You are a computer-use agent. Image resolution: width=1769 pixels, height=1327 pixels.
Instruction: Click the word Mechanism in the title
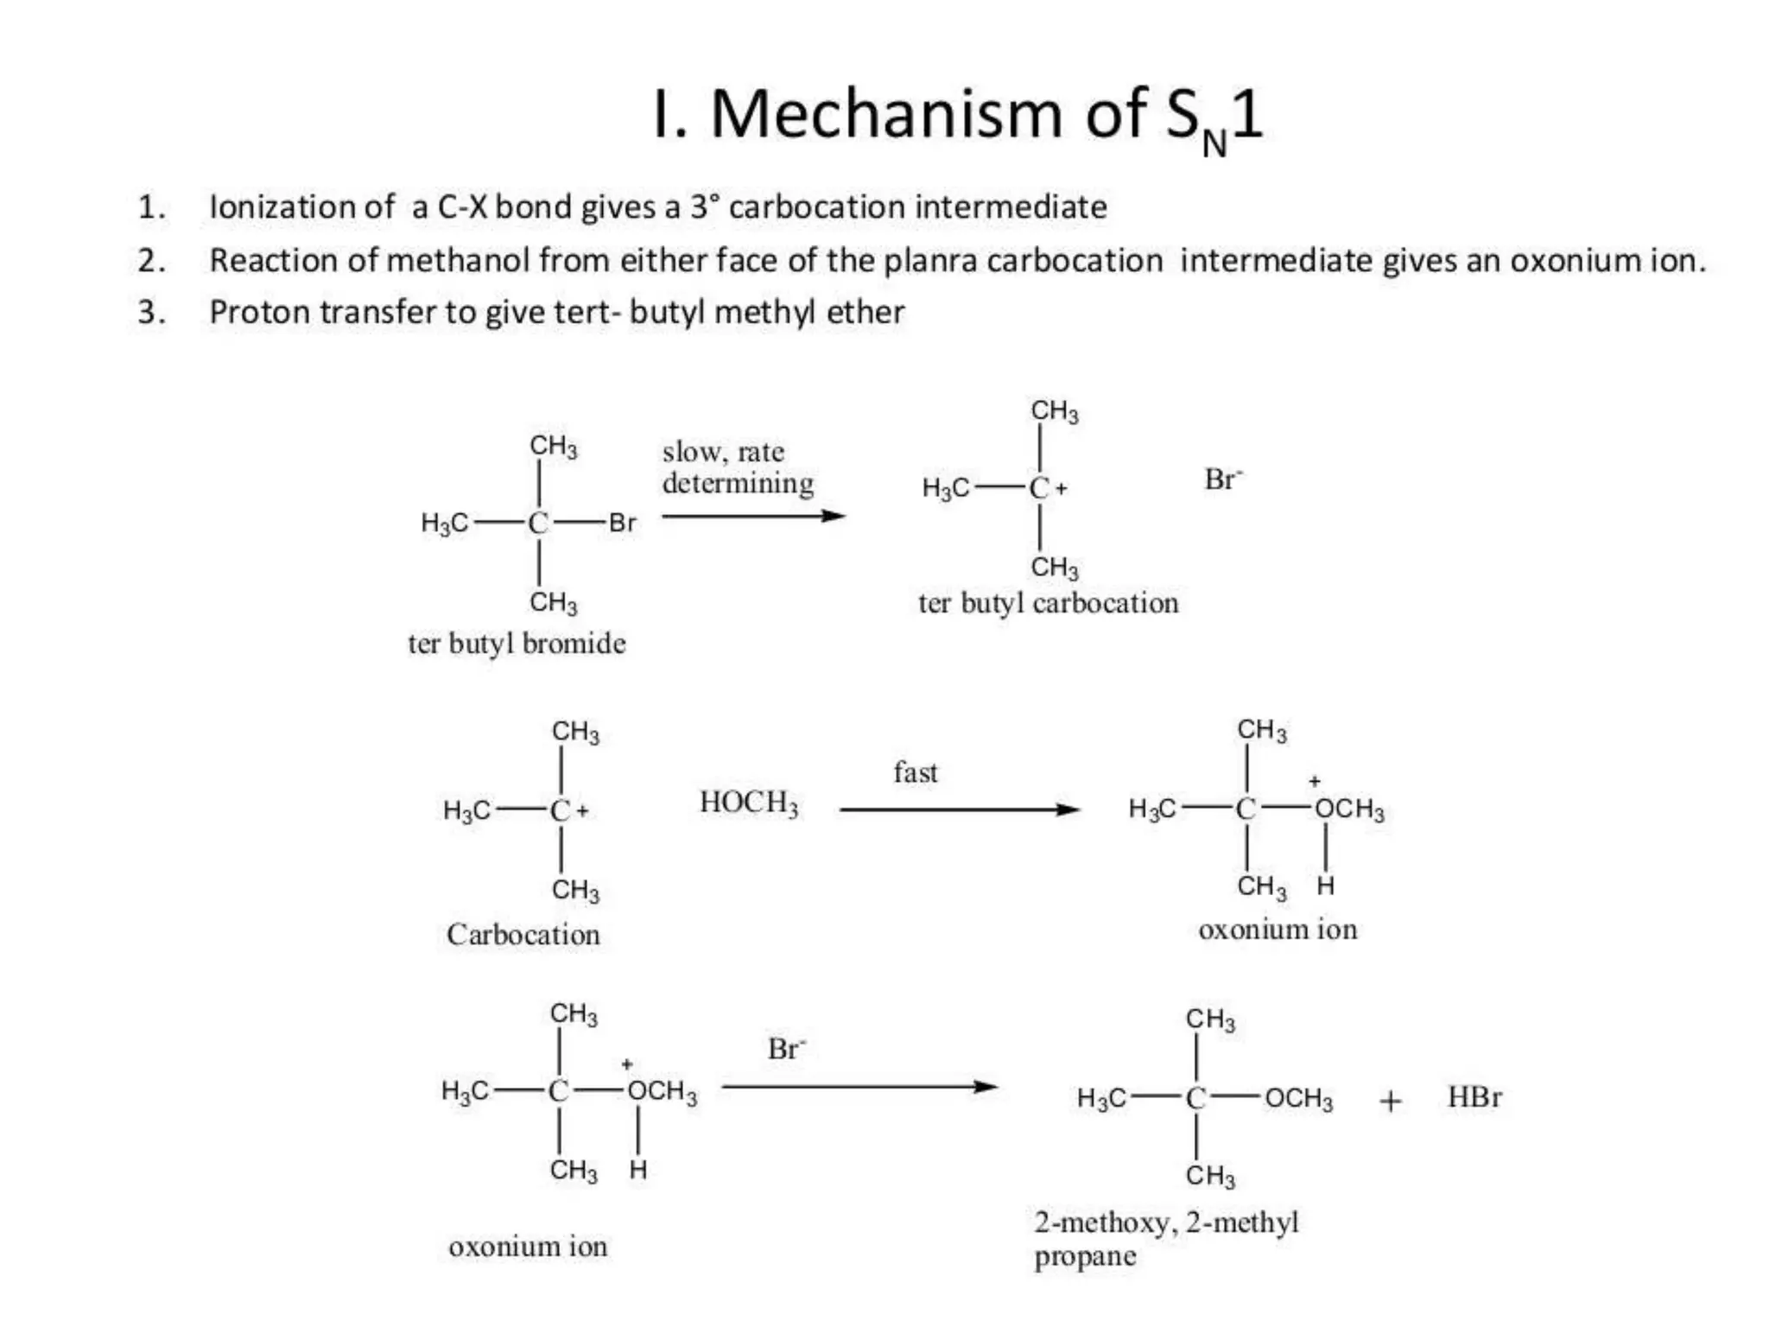(x=886, y=114)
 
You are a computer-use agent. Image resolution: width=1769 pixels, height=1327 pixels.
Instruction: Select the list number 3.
(x=151, y=312)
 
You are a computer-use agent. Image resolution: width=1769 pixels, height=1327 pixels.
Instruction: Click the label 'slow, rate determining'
(x=738, y=467)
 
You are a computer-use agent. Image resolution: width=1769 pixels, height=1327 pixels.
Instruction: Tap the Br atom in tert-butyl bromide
(x=622, y=523)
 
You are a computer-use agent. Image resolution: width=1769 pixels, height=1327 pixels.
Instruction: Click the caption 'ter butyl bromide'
(x=517, y=644)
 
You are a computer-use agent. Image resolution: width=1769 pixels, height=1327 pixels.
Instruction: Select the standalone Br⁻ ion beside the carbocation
(x=1223, y=479)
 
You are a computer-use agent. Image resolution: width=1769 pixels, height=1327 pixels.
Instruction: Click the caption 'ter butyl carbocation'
(x=1048, y=603)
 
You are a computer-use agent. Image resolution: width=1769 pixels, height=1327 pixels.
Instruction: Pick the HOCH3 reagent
(x=749, y=803)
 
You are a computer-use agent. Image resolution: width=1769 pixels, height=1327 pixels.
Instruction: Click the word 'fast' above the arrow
(x=915, y=772)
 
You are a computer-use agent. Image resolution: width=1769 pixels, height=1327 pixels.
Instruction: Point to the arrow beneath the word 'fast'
(x=959, y=810)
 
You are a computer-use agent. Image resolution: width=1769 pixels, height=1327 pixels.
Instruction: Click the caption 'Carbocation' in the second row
(x=523, y=935)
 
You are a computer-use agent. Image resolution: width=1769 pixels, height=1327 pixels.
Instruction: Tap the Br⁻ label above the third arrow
(x=786, y=1049)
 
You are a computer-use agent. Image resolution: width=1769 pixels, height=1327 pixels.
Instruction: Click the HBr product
(x=1474, y=1097)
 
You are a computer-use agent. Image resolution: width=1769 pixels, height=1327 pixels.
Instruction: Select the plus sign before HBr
(x=1390, y=1101)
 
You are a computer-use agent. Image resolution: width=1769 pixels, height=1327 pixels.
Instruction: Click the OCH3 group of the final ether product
(x=1299, y=1099)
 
